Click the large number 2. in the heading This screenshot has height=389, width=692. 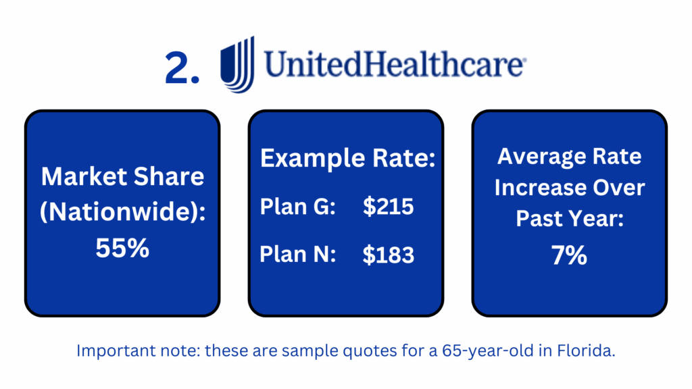182,68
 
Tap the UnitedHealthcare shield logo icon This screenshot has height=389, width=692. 238,64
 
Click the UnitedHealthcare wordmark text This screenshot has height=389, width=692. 395,64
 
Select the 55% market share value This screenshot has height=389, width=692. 122,248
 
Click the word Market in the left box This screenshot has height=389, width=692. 84,176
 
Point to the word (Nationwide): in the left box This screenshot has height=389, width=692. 123,212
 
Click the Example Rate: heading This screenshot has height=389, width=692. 348,158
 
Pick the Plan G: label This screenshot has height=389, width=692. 298,207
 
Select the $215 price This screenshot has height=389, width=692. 389,207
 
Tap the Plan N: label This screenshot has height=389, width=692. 298,255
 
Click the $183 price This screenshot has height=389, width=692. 389,255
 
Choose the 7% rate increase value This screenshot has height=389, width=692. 569,255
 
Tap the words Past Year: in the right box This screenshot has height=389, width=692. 570,219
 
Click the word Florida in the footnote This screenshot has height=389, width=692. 586,351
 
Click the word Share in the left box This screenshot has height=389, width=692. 169,176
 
